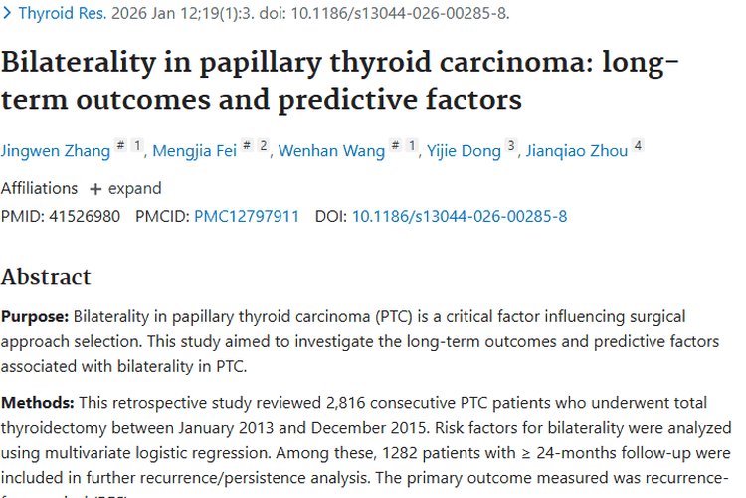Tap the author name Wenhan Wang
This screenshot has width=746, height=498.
(x=331, y=151)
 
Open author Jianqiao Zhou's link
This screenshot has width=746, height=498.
(x=578, y=151)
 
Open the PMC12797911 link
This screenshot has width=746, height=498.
(x=247, y=216)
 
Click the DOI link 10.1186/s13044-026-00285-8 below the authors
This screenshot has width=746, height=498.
(x=460, y=216)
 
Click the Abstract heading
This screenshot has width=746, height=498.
(x=46, y=276)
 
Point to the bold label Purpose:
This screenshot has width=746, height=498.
(x=35, y=317)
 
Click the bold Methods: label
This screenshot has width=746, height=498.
(x=36, y=403)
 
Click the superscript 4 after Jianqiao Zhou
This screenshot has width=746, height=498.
(x=638, y=146)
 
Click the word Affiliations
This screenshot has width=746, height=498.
(x=39, y=188)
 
